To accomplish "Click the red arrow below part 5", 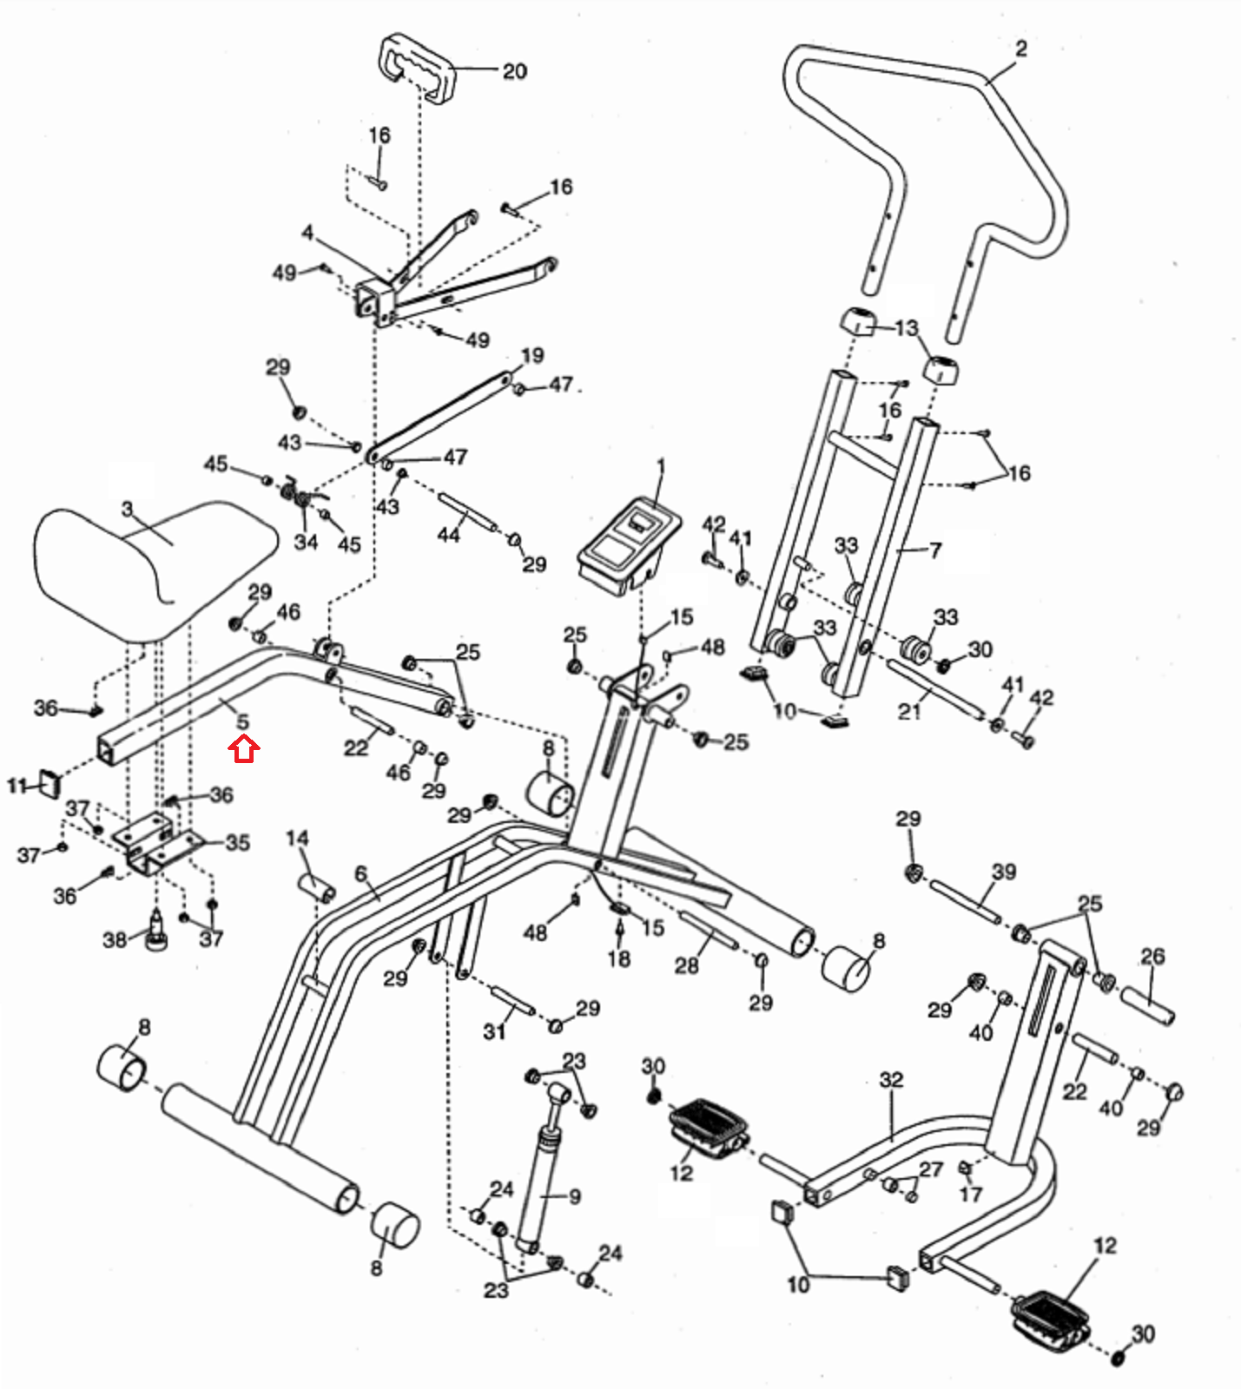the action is [x=244, y=749].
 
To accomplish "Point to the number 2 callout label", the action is [x=1020, y=49].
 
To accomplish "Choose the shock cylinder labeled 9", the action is [x=542, y=1163].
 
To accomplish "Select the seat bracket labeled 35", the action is [x=161, y=843].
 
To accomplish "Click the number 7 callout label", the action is [x=935, y=550].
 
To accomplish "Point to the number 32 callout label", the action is [x=892, y=1080].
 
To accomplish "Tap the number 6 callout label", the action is [x=361, y=874].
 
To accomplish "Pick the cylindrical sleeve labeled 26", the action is [x=1147, y=1004].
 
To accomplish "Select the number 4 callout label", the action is [x=307, y=234].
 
